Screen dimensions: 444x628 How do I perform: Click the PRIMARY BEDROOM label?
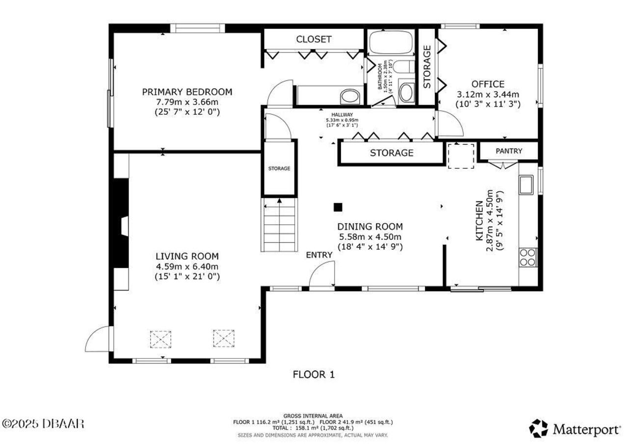(x=187, y=92)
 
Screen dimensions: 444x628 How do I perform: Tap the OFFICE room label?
(x=488, y=84)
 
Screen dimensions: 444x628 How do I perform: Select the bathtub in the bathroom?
(x=391, y=43)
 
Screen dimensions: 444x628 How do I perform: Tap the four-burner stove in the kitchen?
(x=528, y=257)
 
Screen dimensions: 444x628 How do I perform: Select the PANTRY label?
(x=509, y=151)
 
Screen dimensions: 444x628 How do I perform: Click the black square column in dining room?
(x=338, y=208)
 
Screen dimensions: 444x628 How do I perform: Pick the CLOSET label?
(x=314, y=39)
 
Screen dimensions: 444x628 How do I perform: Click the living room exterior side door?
(x=98, y=340)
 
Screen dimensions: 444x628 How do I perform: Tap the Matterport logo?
(x=574, y=429)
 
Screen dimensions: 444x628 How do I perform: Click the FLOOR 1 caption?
(x=314, y=375)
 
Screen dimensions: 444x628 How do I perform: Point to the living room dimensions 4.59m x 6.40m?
(x=187, y=266)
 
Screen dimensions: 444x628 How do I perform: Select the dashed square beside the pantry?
(x=461, y=156)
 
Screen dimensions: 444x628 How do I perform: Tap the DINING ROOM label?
(x=370, y=227)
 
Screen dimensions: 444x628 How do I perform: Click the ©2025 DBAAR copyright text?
(x=43, y=423)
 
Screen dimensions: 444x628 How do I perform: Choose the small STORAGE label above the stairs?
(x=279, y=168)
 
